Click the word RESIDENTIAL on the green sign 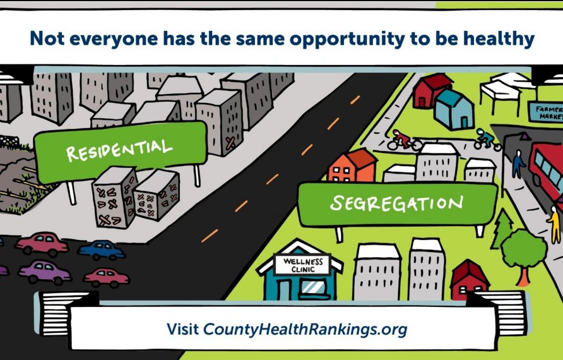[x=119, y=150]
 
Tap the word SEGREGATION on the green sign [x=396, y=203]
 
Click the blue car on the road [x=102, y=249]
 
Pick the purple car [x=44, y=272]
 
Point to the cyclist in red [x=403, y=140]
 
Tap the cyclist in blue [x=487, y=139]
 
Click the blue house [x=454, y=109]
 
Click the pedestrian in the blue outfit [x=518, y=163]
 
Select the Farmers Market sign [x=545, y=112]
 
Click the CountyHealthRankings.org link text [x=305, y=329]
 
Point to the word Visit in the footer [x=182, y=329]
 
